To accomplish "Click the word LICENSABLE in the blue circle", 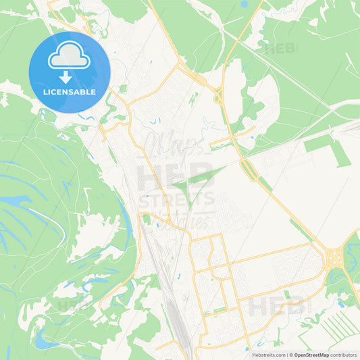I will click(x=70, y=91).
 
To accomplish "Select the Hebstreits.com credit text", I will click(x=268, y=354).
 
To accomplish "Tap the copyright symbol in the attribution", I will click(x=291, y=354).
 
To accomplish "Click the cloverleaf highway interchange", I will click(x=334, y=257).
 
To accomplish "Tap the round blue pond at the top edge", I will click(x=244, y=4).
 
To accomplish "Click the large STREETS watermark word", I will click(x=177, y=200).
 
